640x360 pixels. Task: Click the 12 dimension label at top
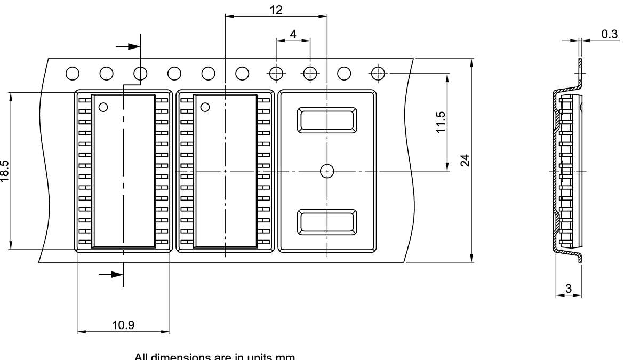point(276,10)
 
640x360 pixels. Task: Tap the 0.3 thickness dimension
point(609,34)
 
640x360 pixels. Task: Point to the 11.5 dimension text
point(441,122)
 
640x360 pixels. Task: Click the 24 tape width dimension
point(465,160)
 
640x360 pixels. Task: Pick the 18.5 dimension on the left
point(5,171)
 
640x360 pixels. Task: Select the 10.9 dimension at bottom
point(123,325)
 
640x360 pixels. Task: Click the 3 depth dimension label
point(569,289)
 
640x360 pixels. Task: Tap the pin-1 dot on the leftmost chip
point(103,107)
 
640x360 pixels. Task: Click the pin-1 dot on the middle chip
point(205,107)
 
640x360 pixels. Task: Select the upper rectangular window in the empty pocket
point(327,120)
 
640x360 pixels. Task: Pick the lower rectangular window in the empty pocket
point(327,221)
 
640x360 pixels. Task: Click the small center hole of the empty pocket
point(327,171)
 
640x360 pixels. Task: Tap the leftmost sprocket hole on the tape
point(73,73)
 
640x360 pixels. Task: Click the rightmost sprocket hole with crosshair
point(378,73)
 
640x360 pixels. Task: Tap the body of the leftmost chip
point(123,176)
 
